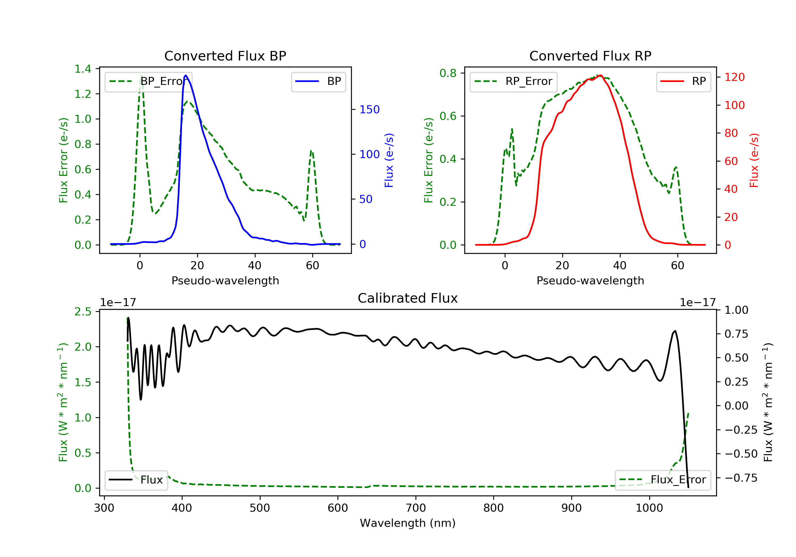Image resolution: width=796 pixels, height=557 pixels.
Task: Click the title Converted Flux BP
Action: click(225, 56)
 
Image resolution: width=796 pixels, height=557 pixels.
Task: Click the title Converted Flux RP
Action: click(590, 56)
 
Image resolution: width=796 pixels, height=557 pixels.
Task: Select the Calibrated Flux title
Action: click(408, 298)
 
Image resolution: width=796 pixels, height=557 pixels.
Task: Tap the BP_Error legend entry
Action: click(148, 81)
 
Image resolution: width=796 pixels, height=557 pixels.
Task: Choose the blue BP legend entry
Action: click(318, 81)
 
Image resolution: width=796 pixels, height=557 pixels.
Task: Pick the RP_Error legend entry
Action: click(513, 81)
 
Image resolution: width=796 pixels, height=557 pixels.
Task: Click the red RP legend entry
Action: click(683, 81)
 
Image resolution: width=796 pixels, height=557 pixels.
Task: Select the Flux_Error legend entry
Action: click(663, 480)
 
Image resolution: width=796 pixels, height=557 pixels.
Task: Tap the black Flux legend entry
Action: click(136, 480)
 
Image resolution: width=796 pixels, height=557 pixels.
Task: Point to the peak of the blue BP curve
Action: click(186, 75)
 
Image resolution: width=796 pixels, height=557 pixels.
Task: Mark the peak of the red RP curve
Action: click(600, 76)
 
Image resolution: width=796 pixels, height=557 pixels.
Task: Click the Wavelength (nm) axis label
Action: click(408, 523)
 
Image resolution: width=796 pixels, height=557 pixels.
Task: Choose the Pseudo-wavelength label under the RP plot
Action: click(590, 280)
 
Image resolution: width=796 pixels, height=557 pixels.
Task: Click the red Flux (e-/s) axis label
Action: click(754, 160)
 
